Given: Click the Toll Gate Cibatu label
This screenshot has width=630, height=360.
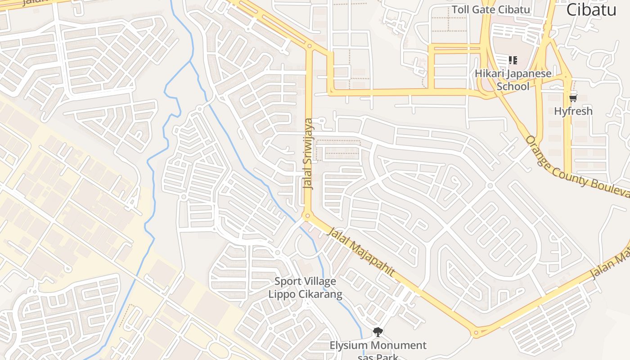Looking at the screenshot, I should (x=491, y=9).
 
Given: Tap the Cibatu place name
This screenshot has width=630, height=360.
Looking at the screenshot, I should (x=591, y=9).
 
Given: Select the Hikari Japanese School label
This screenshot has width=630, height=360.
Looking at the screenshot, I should (x=513, y=79).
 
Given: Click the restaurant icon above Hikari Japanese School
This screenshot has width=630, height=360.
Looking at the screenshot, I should (x=513, y=60).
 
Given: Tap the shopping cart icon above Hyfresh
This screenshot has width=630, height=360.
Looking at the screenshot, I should (x=573, y=98).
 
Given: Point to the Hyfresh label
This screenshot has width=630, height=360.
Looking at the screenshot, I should (x=573, y=111).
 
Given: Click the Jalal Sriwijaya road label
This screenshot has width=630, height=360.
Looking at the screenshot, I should (x=308, y=153).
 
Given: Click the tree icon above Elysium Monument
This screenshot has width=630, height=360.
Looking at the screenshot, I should (x=378, y=332).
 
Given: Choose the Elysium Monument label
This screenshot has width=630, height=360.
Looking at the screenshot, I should (x=378, y=346).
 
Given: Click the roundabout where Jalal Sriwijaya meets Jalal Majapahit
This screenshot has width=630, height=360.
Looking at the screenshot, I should (x=308, y=216).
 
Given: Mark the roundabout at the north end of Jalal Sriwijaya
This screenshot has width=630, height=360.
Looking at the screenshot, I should (x=309, y=46).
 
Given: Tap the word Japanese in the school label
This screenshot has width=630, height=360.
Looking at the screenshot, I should (x=529, y=73).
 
